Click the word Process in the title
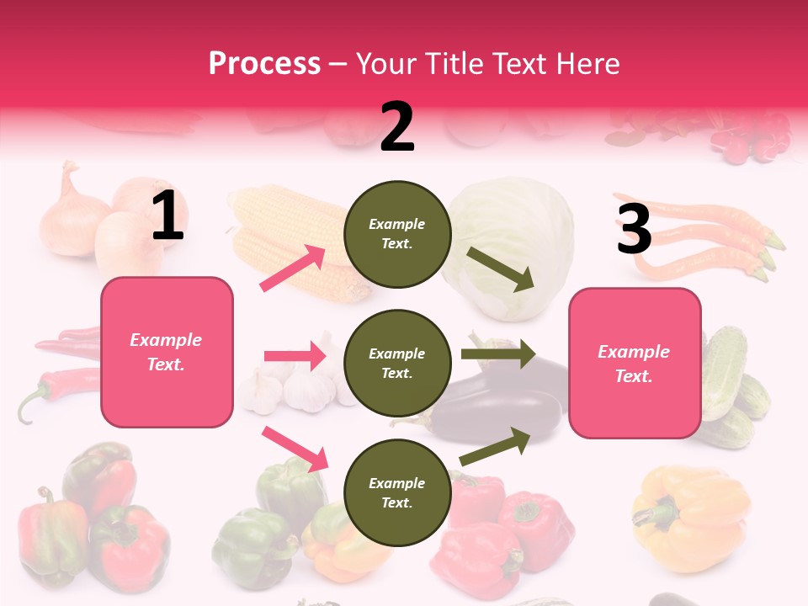(x=264, y=63)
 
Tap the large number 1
(x=167, y=216)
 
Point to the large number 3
(x=634, y=229)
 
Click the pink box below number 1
(x=167, y=352)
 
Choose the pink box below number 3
(x=635, y=364)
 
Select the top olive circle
(x=397, y=234)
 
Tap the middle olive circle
(x=397, y=364)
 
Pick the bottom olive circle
(x=397, y=493)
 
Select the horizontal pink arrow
(x=295, y=356)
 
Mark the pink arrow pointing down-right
(x=295, y=449)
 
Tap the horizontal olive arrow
(x=498, y=354)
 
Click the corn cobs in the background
(x=286, y=240)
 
